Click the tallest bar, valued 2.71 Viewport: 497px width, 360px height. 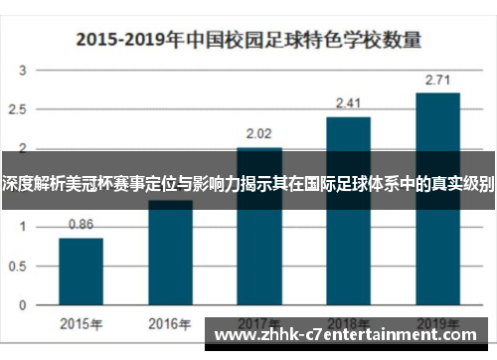[x=437, y=199]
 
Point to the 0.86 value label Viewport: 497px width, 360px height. [x=81, y=225]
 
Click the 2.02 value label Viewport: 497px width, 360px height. [x=258, y=133]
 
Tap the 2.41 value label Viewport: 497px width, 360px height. [x=348, y=102]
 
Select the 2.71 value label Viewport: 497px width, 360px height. [x=437, y=79]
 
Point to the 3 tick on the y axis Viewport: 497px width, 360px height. [x=24, y=71]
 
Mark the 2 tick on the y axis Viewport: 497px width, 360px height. [x=24, y=149]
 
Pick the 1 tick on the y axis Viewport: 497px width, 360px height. [x=24, y=227]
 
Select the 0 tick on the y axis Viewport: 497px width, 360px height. [x=24, y=304]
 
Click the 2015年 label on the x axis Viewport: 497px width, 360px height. [x=81, y=323]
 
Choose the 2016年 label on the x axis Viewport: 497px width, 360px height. [x=170, y=323]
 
